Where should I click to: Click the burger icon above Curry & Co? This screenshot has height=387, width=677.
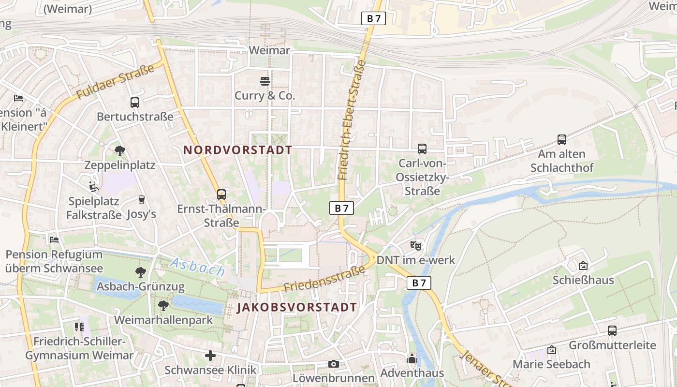(x=265, y=81)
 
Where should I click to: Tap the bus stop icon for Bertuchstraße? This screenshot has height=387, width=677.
(x=134, y=103)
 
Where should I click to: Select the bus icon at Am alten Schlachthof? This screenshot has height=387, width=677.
(x=561, y=140)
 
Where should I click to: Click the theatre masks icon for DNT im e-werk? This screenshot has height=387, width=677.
(x=415, y=246)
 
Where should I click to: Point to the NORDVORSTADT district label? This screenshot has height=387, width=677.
(x=238, y=150)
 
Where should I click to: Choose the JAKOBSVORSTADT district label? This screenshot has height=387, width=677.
(x=297, y=307)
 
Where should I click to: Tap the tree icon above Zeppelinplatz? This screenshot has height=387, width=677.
(x=119, y=151)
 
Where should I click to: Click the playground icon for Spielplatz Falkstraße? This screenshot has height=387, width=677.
(x=94, y=187)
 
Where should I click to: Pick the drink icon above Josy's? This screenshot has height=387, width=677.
(x=142, y=200)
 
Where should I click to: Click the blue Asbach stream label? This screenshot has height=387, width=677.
(x=197, y=267)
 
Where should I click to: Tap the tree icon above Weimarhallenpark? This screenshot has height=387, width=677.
(x=163, y=306)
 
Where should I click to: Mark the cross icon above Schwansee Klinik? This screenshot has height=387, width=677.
(x=210, y=356)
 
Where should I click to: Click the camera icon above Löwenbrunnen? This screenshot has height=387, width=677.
(x=333, y=364)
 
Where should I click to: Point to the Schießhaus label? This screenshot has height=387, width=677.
(x=583, y=280)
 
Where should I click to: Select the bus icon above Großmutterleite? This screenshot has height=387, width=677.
(x=612, y=331)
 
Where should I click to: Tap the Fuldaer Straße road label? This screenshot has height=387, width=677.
(x=115, y=82)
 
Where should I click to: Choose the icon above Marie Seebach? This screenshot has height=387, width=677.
(x=551, y=350)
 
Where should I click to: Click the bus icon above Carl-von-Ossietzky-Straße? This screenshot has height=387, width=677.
(x=422, y=149)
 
